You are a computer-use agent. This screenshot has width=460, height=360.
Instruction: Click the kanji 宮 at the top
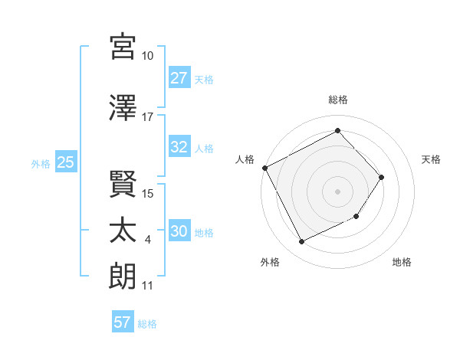point(123,46)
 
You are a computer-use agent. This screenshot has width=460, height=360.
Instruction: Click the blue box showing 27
point(179,78)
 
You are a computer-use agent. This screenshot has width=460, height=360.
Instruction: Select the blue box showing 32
point(179,148)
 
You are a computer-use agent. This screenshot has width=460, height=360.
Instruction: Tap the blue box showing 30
point(179,232)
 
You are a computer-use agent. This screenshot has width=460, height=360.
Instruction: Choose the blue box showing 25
point(65,162)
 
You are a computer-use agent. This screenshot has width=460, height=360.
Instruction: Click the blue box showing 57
point(123,322)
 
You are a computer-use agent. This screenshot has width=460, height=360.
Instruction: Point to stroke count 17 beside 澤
point(148,118)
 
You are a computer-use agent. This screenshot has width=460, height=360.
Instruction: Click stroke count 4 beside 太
point(148,241)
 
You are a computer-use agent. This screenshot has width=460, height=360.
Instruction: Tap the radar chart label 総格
point(337,100)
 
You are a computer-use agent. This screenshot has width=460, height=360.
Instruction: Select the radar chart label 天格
point(431,159)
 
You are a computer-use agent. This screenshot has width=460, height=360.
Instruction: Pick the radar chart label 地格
point(402,262)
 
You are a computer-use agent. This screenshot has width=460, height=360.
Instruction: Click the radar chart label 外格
point(270,262)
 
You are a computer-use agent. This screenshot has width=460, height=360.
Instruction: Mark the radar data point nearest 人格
point(264,168)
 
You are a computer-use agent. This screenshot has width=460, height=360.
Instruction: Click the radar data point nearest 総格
point(337,131)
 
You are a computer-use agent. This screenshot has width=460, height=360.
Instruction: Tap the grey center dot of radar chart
point(337,191)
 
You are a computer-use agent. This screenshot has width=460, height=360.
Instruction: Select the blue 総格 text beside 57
point(147,323)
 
